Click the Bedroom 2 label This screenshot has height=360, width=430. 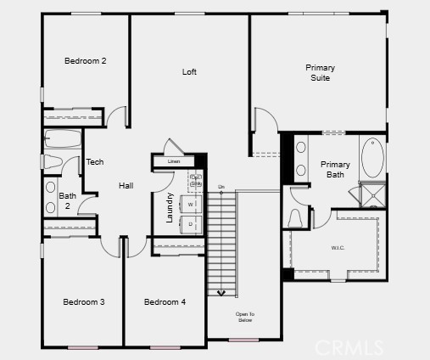coord(86,61)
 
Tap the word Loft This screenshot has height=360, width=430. coord(189,72)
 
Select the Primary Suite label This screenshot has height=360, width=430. coord(320,73)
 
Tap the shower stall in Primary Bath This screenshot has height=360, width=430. coord(371,195)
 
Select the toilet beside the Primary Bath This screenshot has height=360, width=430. coord(297,218)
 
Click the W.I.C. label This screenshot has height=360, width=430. coord(337,249)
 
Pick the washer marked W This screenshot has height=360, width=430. coord(191,205)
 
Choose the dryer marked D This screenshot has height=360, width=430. coord(191,224)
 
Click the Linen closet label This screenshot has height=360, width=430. coord(174,161)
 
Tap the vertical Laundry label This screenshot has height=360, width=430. coord(170,208)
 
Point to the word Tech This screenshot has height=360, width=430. coord(95,162)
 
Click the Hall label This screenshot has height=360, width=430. coord(126,186)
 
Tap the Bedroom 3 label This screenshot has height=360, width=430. coord(84,302)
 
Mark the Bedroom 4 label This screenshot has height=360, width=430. coord(165,302)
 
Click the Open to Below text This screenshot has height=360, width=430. coord(244,317)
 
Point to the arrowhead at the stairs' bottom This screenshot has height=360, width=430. coord(222,293)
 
